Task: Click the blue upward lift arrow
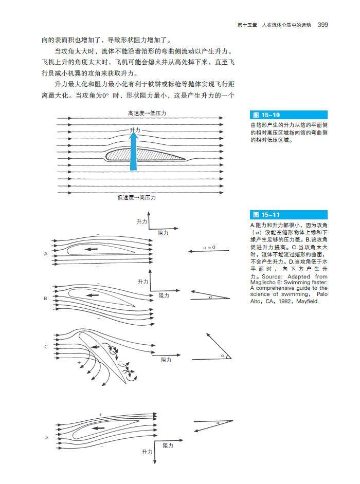coord(133,152)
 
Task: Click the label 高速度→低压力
coord(147,113)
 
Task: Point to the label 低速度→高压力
coord(136,197)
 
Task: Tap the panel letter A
coord(46,254)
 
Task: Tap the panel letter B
coord(46,298)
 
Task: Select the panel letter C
coord(46,347)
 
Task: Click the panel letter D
coord(46,438)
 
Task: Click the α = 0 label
coord(209,248)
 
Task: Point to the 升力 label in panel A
coord(142,221)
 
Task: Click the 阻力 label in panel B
coord(164,296)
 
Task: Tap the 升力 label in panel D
coord(147,452)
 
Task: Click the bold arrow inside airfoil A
coord(92,249)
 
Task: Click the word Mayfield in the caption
coord(308,302)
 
